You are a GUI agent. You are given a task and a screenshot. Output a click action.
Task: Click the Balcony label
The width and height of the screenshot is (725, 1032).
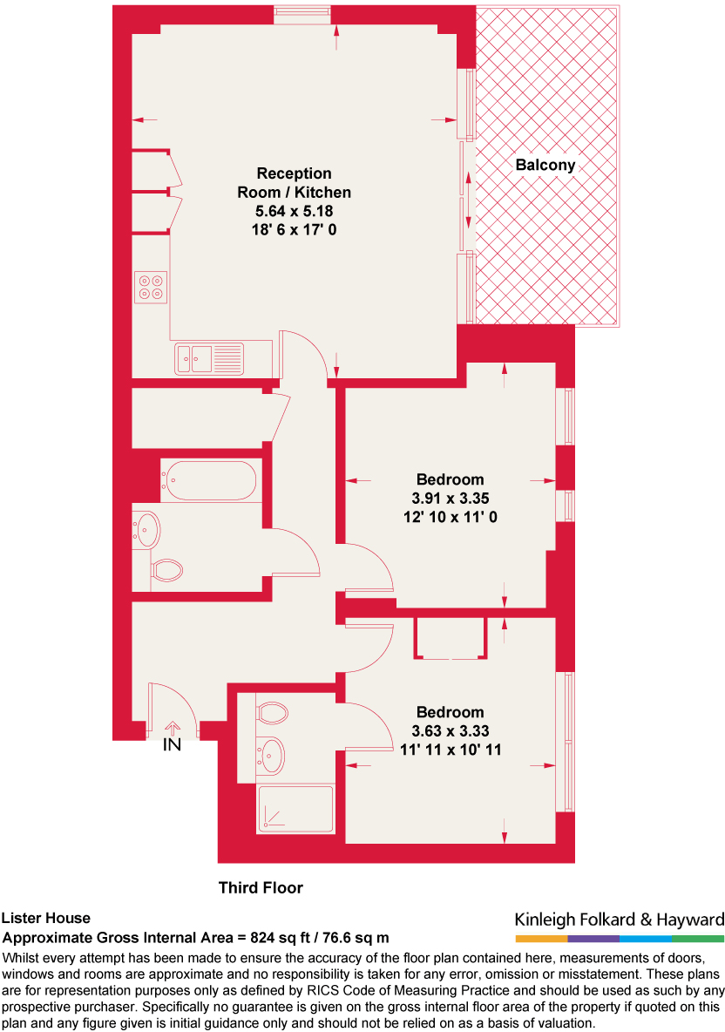[x=545, y=165]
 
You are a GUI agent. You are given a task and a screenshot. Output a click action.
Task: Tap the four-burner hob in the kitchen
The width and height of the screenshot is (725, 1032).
[x=150, y=288]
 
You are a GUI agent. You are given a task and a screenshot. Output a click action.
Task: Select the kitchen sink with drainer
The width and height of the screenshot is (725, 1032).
[x=209, y=357]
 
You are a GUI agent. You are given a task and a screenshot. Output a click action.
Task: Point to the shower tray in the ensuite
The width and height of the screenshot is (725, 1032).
[x=296, y=809]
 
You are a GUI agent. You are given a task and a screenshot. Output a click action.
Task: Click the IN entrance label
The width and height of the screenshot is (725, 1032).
[x=173, y=745]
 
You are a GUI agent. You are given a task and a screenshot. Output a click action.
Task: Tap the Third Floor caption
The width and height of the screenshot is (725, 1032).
[x=261, y=888]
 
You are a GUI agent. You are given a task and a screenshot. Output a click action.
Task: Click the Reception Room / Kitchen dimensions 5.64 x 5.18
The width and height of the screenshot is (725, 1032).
[x=295, y=211]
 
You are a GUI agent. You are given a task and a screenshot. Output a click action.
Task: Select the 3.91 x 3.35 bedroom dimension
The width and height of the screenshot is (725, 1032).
[x=450, y=499]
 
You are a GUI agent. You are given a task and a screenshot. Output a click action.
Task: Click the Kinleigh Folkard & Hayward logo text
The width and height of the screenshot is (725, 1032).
[x=620, y=920]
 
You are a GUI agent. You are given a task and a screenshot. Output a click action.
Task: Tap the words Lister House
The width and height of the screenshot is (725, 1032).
[x=45, y=918]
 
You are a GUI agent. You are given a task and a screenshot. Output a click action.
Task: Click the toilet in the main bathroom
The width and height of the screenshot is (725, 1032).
[x=166, y=571]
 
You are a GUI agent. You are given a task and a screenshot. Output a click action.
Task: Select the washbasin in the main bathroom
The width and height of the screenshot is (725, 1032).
[x=146, y=528]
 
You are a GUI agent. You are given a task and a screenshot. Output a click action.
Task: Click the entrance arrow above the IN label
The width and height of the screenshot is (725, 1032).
[x=173, y=726]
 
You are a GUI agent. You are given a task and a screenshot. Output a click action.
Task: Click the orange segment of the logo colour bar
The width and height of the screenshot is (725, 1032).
[x=541, y=939]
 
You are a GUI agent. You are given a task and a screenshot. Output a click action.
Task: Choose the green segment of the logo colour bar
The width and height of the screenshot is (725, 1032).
[x=698, y=939]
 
